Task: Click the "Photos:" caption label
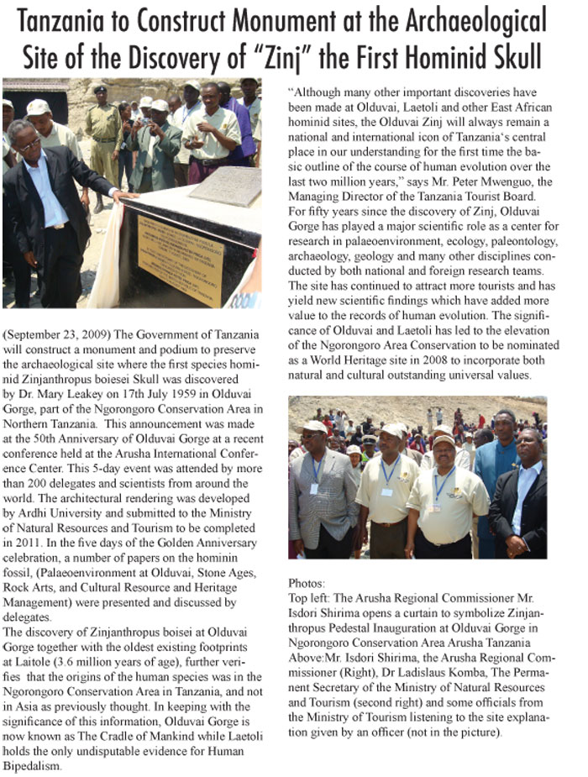pyautogui.click(x=307, y=581)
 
